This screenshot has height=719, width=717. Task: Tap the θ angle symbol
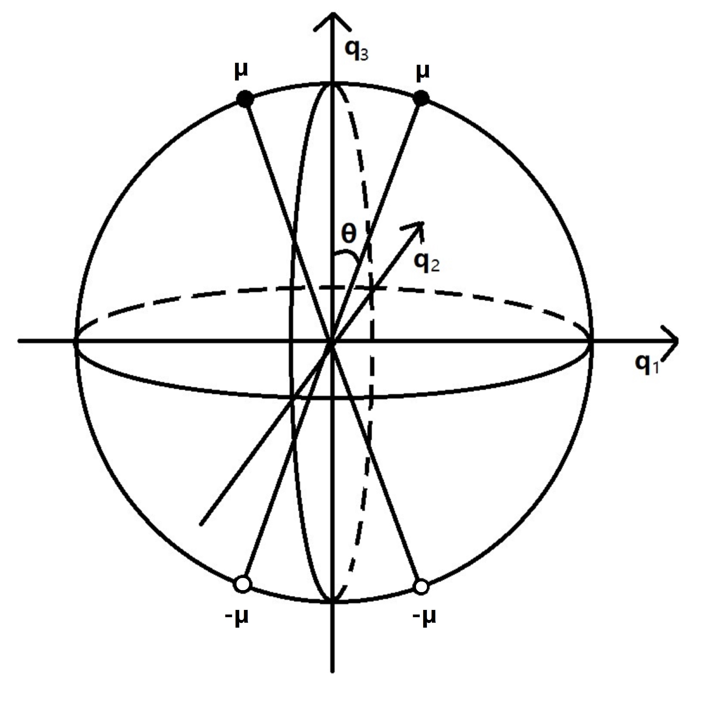[x=349, y=234]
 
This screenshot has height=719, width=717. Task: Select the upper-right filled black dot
[x=421, y=98]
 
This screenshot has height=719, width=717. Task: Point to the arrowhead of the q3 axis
[x=332, y=17]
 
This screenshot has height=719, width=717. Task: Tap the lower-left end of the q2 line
[x=201, y=524]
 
